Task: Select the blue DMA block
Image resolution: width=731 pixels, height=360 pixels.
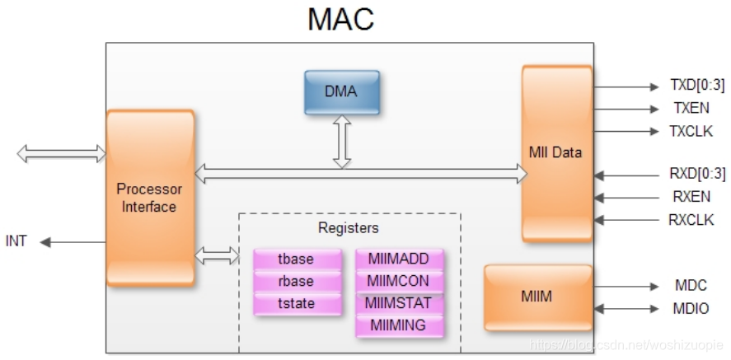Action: (341, 91)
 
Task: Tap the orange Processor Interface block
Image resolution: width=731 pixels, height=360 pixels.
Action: (149, 198)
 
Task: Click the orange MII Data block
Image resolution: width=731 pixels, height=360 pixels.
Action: (555, 152)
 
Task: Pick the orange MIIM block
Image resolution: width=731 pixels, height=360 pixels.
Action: (537, 297)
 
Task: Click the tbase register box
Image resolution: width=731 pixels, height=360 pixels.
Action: (296, 259)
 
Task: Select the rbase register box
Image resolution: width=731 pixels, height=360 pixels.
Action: (296, 282)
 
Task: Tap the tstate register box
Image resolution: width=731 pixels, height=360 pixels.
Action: (296, 303)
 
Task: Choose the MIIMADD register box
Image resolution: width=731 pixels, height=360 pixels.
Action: (399, 259)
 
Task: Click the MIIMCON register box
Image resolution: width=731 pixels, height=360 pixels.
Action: (399, 281)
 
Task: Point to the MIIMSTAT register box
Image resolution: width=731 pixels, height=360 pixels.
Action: (399, 303)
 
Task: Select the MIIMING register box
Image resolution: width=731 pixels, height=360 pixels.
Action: (399, 325)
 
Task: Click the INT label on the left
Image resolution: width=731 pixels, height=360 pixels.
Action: (16, 241)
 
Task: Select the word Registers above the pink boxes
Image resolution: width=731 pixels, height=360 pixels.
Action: (348, 227)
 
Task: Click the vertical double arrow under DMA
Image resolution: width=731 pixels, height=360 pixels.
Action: (341, 143)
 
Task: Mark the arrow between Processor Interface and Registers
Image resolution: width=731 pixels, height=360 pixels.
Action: (217, 257)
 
